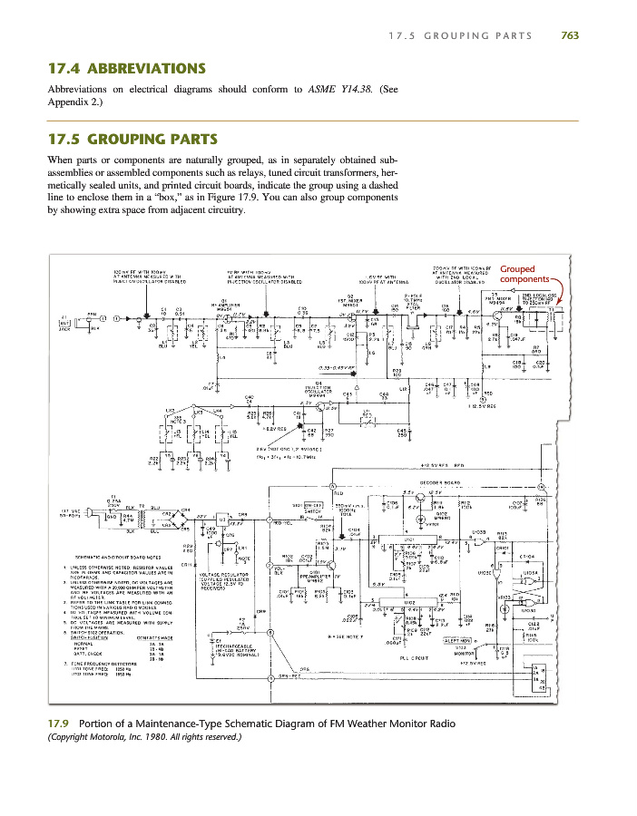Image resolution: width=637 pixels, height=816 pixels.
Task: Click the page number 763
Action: (570, 35)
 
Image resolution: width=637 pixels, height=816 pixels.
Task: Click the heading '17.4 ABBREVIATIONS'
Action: (125, 69)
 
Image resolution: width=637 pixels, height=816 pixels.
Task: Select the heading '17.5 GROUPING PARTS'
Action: (132, 140)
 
